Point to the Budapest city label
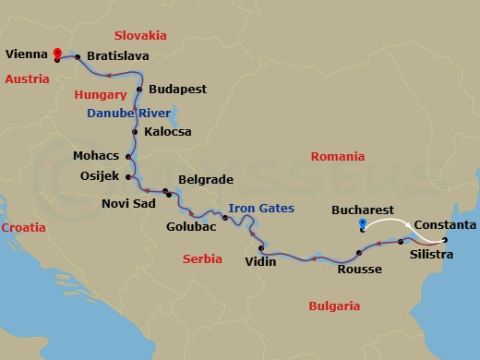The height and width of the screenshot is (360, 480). (176, 90)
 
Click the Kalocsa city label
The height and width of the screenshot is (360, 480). (168, 132)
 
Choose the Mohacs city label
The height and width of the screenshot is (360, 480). (96, 156)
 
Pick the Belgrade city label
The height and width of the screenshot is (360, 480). (204, 180)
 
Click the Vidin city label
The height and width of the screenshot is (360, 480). (259, 262)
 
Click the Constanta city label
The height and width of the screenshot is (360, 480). (445, 225)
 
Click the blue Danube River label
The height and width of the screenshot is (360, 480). (130, 113)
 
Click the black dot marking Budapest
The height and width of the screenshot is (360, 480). (138, 90)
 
